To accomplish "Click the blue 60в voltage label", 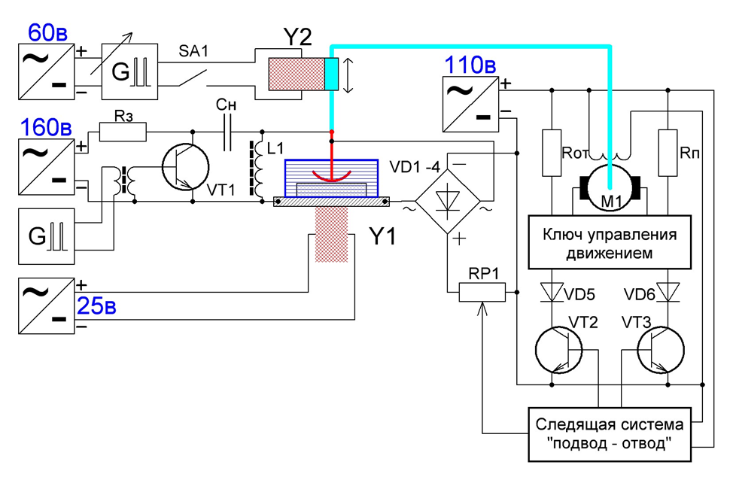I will [49, 32].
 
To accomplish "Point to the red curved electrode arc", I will [330, 175].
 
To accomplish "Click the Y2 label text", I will [298, 35].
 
